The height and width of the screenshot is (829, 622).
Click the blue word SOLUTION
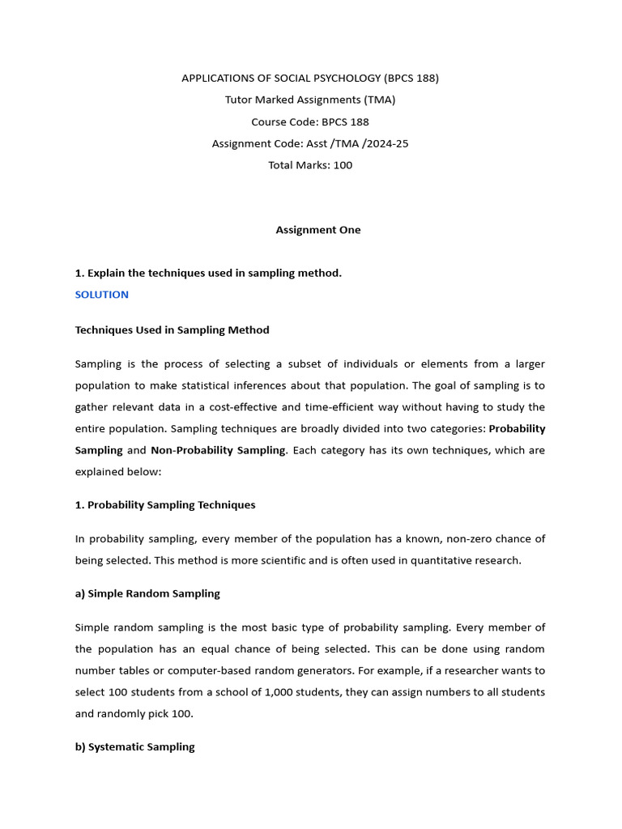pyautogui.click(x=102, y=295)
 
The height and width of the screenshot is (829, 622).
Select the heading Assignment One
pyautogui.click(x=318, y=230)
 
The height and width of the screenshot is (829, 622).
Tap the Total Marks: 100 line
pyautogui.click(x=310, y=165)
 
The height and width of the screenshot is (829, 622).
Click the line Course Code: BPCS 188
pyautogui.click(x=310, y=122)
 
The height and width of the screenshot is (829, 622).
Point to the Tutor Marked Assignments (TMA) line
pyautogui.click(x=310, y=100)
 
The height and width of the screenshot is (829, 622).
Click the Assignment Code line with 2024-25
pyautogui.click(x=310, y=143)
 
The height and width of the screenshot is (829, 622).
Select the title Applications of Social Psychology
pyautogui.click(x=310, y=79)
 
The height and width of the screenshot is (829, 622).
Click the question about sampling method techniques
pyautogui.click(x=208, y=273)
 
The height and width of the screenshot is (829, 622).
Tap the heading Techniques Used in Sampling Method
pyautogui.click(x=172, y=330)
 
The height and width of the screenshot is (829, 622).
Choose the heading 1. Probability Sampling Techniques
pyautogui.click(x=165, y=505)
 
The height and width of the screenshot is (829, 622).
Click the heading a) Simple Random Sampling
pyautogui.click(x=147, y=593)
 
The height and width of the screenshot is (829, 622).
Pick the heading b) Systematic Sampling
pyautogui.click(x=135, y=747)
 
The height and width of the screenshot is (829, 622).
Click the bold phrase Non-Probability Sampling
pyautogui.click(x=218, y=450)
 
